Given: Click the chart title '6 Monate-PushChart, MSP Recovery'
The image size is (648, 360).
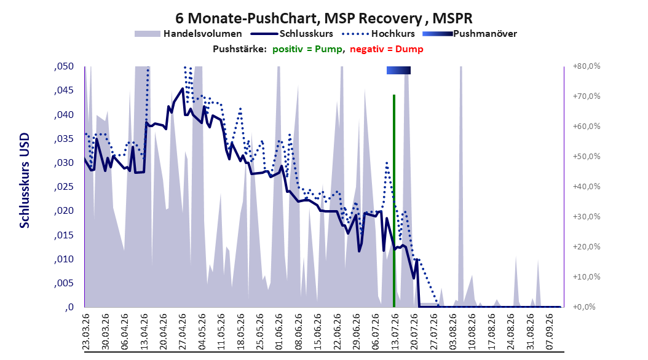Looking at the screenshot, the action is (298, 18).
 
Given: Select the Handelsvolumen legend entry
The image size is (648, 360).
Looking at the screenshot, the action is (188, 34).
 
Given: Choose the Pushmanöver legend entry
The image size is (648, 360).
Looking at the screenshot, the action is (470, 34).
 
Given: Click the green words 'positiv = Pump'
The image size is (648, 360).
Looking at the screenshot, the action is (307, 49).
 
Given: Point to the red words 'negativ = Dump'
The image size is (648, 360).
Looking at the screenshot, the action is (387, 49).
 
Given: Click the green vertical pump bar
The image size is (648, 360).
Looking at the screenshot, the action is (394, 201).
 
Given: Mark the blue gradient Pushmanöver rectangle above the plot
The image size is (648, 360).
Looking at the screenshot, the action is (398, 71).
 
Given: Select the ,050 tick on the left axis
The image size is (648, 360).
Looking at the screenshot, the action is (64, 66).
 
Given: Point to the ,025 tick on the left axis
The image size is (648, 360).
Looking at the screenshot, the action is (64, 187).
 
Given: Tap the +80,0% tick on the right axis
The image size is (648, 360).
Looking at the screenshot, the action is (587, 66).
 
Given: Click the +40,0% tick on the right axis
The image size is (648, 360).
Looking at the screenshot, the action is (587, 187).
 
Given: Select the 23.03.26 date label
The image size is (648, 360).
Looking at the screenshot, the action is (86, 332).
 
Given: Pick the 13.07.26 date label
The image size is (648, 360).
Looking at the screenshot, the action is (395, 332).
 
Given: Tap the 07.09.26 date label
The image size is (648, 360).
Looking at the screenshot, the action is (549, 332).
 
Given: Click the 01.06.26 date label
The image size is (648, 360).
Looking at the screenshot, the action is (279, 332).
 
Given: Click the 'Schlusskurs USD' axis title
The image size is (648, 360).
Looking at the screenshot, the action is (25, 181).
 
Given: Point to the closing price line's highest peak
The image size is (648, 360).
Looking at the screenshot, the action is (183, 88).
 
